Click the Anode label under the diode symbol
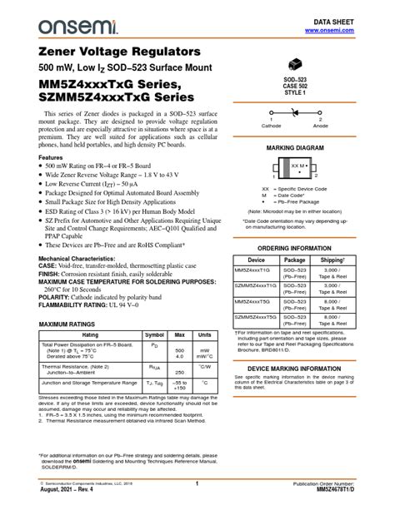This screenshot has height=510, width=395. click(x=320, y=126)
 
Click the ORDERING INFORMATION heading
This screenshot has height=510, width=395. click(x=299, y=249)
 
